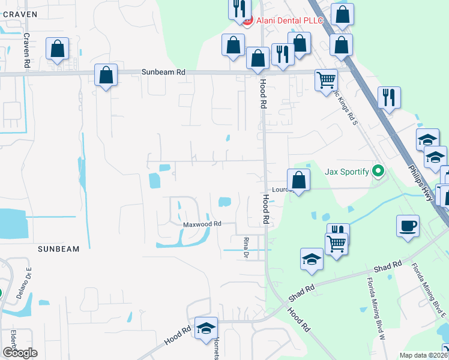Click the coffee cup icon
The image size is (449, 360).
click(408, 226)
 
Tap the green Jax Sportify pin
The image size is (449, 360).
click(378, 172)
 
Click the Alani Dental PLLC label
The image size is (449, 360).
click(290, 21)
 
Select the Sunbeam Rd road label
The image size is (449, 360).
click(163, 72)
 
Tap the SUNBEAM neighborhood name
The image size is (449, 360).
click(58, 248)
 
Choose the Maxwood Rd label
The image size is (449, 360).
click(202, 224)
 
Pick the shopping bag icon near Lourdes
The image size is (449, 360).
click(298, 179)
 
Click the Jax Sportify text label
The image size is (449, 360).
click(347, 172)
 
